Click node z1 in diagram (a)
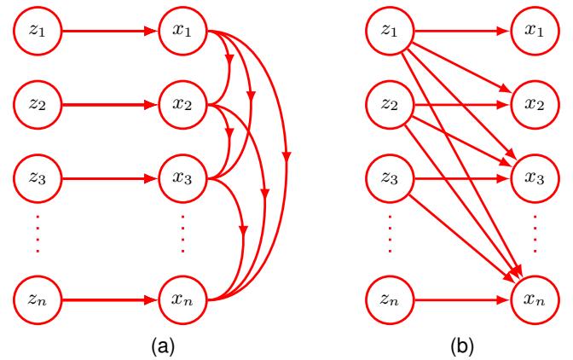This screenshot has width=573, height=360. (33, 33)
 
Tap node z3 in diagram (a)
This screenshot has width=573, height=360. (33, 181)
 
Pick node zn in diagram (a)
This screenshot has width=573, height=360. (33, 299)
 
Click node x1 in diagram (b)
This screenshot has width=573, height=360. (534, 33)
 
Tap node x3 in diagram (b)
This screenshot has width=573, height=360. (534, 181)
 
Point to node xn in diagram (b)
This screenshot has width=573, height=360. (534, 299)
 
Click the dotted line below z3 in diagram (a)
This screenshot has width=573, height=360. (33, 237)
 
